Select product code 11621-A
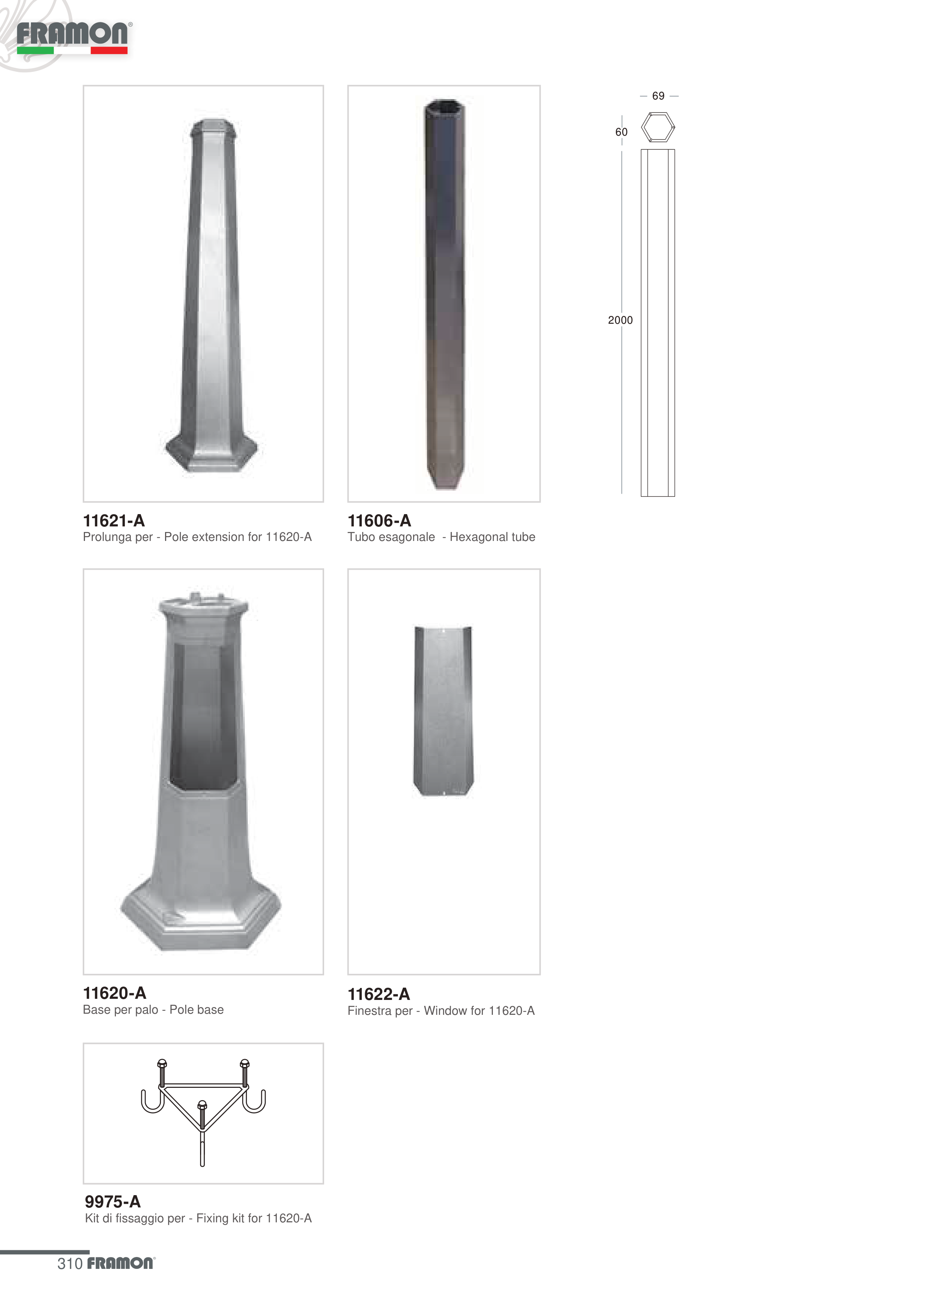[114, 521]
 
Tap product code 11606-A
[380, 521]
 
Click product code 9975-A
[113, 1201]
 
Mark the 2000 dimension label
[620, 320]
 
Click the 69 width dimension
[658, 96]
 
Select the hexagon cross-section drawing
[658, 127]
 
